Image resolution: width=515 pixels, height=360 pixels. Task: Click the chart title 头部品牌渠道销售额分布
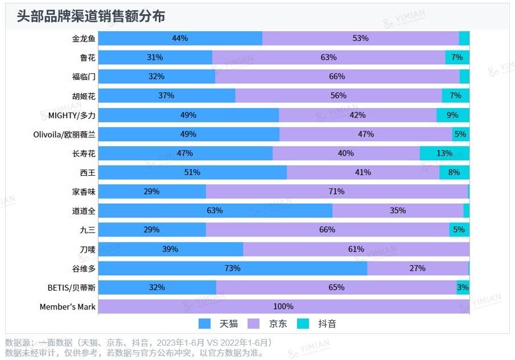click(x=91, y=16)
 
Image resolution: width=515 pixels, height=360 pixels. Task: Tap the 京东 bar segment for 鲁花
click(x=328, y=57)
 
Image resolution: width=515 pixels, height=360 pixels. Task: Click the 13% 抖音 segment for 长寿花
click(x=444, y=153)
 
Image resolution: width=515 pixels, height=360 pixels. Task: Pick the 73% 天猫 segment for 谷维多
click(x=232, y=268)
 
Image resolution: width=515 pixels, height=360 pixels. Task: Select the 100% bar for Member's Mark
click(x=283, y=307)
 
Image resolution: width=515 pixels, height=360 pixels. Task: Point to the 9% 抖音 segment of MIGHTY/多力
click(x=452, y=115)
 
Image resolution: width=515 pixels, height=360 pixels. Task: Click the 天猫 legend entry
click(x=219, y=324)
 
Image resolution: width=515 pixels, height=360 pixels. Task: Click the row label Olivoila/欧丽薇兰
click(x=64, y=134)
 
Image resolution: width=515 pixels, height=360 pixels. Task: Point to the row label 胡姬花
click(x=84, y=96)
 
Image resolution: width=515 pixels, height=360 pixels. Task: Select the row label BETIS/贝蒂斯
click(x=72, y=288)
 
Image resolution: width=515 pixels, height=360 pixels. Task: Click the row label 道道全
click(x=84, y=211)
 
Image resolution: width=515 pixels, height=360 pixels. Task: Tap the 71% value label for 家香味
click(x=337, y=192)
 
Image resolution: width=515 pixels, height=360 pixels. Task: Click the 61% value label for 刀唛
click(x=356, y=249)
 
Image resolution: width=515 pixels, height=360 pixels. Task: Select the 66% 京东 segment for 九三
click(x=327, y=230)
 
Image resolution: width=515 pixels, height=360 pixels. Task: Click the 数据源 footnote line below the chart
click(x=139, y=342)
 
